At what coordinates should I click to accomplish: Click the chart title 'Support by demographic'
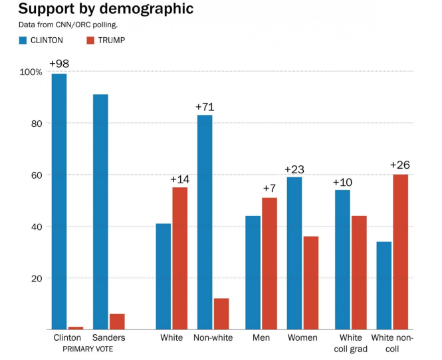click(x=106, y=9)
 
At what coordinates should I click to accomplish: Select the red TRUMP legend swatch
click(x=91, y=41)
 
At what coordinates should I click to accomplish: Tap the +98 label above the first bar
click(x=59, y=64)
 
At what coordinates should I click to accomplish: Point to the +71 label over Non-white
click(x=205, y=106)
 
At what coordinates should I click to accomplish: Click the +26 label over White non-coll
click(x=400, y=165)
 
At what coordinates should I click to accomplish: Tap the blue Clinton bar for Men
click(x=253, y=272)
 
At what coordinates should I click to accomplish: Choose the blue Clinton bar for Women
click(x=294, y=252)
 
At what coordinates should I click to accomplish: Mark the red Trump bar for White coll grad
click(x=359, y=272)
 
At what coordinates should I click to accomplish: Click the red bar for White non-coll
click(x=400, y=252)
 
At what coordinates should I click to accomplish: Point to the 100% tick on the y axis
click(x=31, y=72)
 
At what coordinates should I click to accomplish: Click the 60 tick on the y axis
click(x=35, y=175)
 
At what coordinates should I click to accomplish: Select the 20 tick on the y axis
click(x=35, y=278)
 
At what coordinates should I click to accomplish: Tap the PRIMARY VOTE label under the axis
click(x=88, y=349)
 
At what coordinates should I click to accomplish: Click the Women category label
click(x=302, y=337)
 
